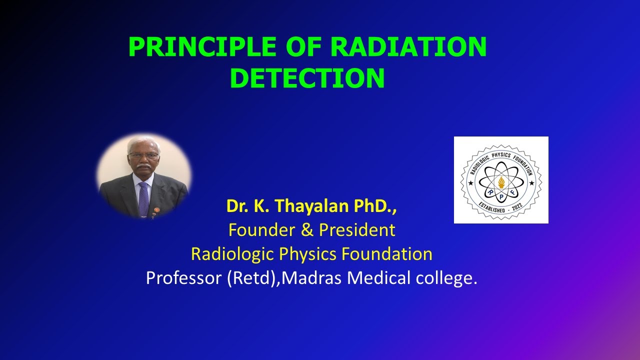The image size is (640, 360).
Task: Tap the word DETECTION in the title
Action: pyautogui.click(x=307, y=78)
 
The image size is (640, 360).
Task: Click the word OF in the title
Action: pyautogui.click(x=303, y=47)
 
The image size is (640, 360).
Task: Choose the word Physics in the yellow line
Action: pyautogui.click(x=307, y=254)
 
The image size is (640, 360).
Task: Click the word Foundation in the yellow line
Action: pyautogui.click(x=387, y=254)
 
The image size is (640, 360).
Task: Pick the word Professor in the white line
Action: pyautogui.click(x=183, y=278)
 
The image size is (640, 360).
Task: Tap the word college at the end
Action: pyautogui.click(x=446, y=278)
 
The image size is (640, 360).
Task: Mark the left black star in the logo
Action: pyautogui.click(x=470, y=183)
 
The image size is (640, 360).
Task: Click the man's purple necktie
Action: pyautogui.click(x=143, y=197)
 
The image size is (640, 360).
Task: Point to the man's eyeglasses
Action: pyautogui.click(x=143, y=155)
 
